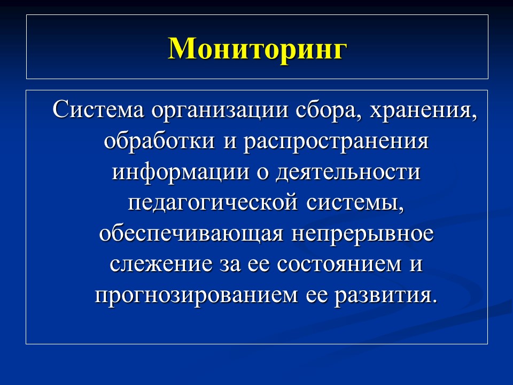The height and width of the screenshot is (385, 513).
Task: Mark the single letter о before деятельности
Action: [265, 174]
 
